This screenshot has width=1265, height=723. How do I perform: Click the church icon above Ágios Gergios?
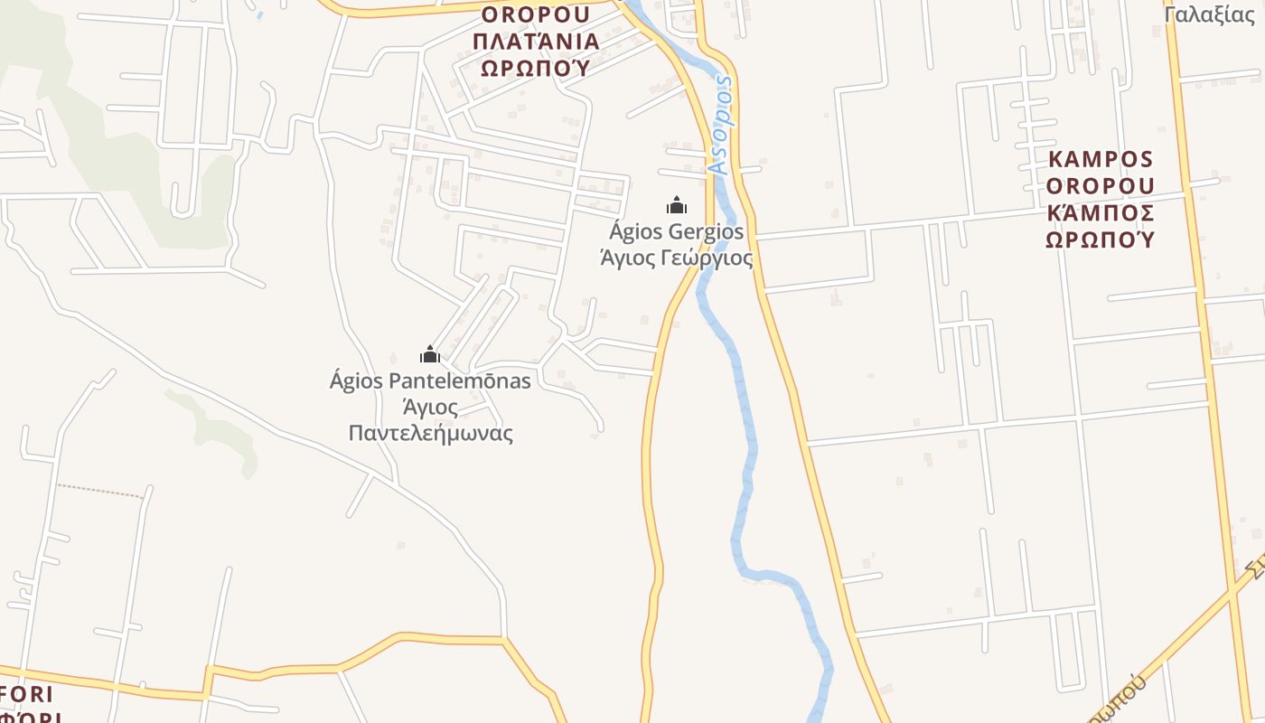pyautogui.click(x=676, y=205)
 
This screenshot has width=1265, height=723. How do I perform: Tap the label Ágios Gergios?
pyautogui.click(x=677, y=231)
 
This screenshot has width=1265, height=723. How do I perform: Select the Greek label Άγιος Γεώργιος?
pyautogui.click(x=677, y=258)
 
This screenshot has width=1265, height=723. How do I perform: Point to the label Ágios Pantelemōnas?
pyautogui.click(x=430, y=380)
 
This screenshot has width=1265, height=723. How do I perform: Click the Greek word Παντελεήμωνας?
pyautogui.click(x=431, y=433)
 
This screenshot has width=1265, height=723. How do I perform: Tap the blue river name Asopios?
pyautogui.click(x=721, y=125)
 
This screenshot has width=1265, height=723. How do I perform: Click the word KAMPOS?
pyautogui.click(x=1101, y=160)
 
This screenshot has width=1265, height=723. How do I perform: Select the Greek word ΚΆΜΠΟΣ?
pyautogui.click(x=1101, y=213)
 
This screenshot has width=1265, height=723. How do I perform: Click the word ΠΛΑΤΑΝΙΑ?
pyautogui.click(x=536, y=42)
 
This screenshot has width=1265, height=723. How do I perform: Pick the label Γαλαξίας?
pyautogui.click(x=1210, y=14)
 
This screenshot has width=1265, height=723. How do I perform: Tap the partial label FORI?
pyautogui.click(x=27, y=695)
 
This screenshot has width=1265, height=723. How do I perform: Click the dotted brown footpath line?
pyautogui.click(x=100, y=491)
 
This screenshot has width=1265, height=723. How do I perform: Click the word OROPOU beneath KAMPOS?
pyautogui.click(x=1101, y=186)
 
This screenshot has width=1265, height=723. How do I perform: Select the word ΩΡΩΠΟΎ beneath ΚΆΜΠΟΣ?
pyautogui.click(x=1101, y=239)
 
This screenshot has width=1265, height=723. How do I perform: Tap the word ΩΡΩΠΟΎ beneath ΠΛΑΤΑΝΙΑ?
pyautogui.click(x=535, y=68)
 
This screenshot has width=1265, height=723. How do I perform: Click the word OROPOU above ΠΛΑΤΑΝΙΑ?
pyautogui.click(x=536, y=15)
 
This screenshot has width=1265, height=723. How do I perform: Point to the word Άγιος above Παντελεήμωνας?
pyautogui.click(x=430, y=407)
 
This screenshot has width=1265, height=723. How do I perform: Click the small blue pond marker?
pyautogui.click(x=260, y=14)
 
